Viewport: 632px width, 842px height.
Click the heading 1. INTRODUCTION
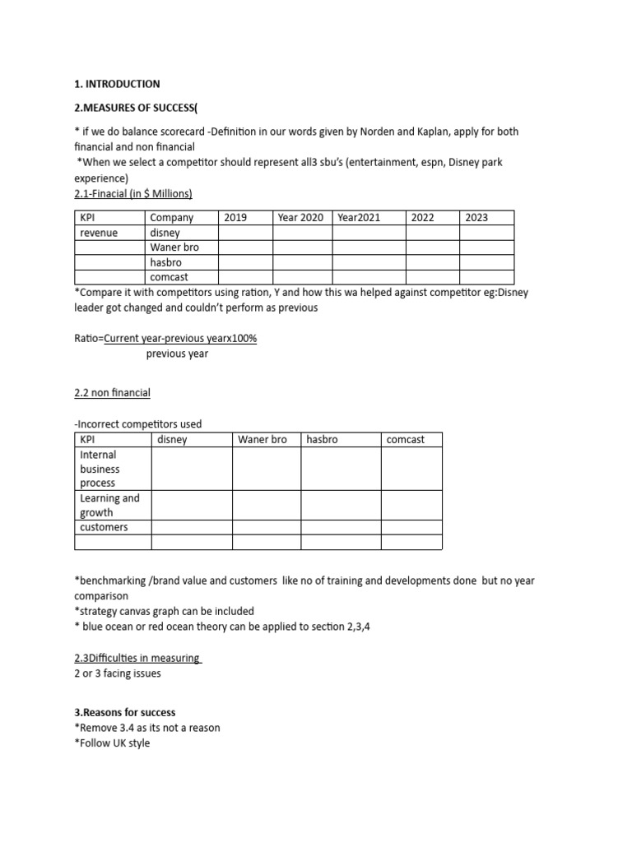117,84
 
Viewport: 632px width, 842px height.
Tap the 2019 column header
235,218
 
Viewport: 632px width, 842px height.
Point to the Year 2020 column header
300,218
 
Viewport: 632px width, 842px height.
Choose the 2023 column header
476,218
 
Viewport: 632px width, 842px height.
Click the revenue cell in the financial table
99,233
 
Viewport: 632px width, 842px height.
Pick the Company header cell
172,218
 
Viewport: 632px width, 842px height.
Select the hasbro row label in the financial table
165,262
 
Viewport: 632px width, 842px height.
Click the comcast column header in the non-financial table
405,440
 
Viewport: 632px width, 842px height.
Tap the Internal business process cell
99,469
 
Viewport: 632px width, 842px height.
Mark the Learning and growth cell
109,505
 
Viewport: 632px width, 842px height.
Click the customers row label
104,527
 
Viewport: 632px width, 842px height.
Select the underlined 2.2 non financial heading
112,393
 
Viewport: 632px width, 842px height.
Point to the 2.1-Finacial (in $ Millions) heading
133,193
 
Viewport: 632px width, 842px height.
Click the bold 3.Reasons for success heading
124,712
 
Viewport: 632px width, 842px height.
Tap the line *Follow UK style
112,743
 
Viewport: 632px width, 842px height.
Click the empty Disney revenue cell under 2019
244,233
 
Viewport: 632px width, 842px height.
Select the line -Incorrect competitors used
137,424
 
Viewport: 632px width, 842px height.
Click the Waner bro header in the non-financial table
263,440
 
